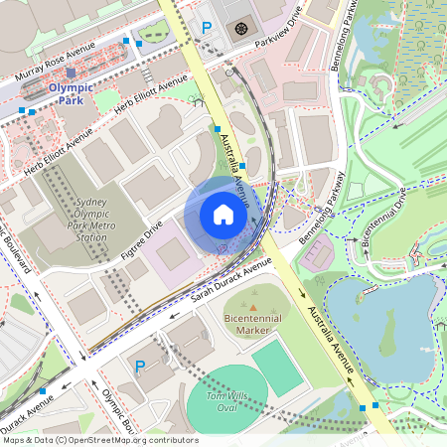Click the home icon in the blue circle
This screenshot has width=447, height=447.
pyautogui.click(x=223, y=215)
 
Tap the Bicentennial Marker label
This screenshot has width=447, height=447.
pyautogui.click(x=255, y=322)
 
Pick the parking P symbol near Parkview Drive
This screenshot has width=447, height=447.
pyautogui.click(x=207, y=29)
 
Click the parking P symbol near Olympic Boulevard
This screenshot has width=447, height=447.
pyautogui.click(x=140, y=367)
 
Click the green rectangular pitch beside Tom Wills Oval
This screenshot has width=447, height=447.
pyautogui.click(x=275, y=365)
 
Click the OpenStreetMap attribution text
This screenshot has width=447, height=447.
pyautogui.click(x=100, y=439)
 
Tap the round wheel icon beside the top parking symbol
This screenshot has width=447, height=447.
pyautogui.click(x=240, y=28)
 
